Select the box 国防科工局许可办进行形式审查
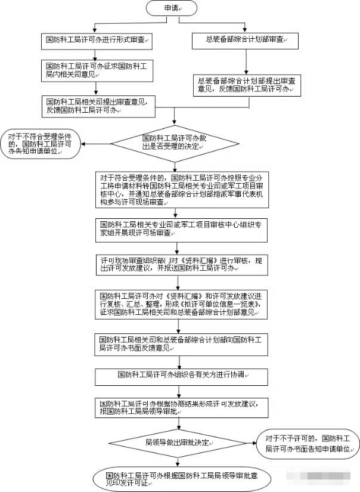click(x=98, y=41)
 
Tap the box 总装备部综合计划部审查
click(x=246, y=41)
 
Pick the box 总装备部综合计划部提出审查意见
click(x=246, y=85)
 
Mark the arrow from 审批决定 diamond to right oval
click(x=247, y=443)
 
